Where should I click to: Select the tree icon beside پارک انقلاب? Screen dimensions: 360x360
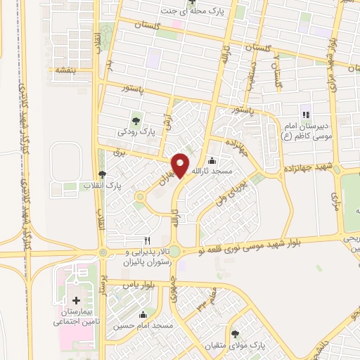[x=103, y=174]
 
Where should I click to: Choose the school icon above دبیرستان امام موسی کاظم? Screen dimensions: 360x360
[x=305, y=115]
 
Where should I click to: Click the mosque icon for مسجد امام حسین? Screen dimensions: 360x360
[x=144, y=315]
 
